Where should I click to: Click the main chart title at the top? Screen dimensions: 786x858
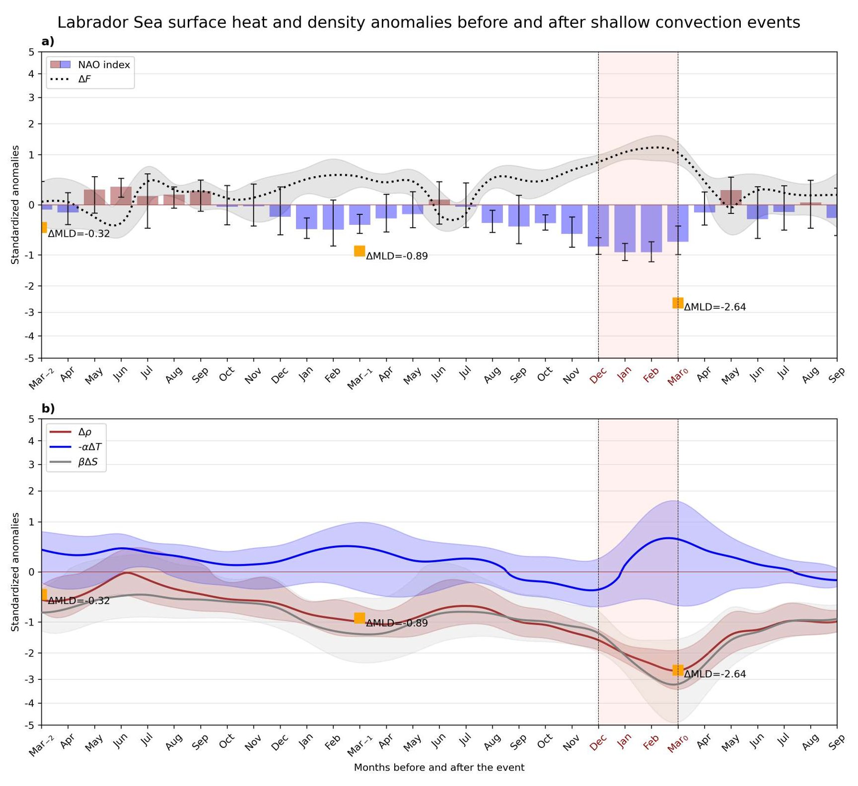pos(429,22)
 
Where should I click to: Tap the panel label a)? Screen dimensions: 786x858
pos(48,42)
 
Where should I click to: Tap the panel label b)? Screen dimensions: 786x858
pos(48,408)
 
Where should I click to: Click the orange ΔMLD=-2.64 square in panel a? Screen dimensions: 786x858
pos(678,303)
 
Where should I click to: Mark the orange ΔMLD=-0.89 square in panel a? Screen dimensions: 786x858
pos(359,251)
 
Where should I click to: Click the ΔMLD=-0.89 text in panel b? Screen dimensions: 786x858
pos(397,623)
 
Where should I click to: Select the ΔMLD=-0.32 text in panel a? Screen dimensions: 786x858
pos(78,234)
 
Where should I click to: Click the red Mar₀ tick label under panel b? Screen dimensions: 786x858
pos(677,743)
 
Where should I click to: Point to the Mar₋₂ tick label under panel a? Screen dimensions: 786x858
pos(41,379)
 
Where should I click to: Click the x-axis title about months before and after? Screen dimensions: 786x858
pos(439,767)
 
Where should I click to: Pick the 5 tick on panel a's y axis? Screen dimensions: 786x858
pos(32,52)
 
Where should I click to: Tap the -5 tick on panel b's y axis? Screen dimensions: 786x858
pos(31,725)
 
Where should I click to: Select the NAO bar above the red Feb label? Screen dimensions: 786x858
pos(651,228)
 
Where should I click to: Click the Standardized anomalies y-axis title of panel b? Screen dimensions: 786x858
pos(15,572)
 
